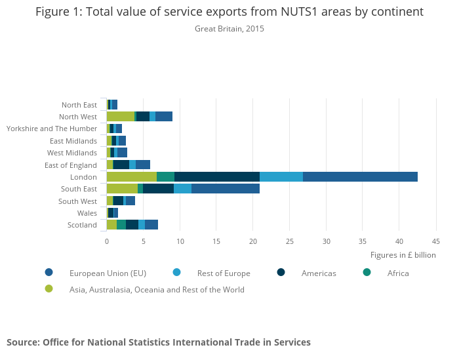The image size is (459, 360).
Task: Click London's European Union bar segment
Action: [x=360, y=176]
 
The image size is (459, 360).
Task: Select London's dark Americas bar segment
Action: [x=217, y=176]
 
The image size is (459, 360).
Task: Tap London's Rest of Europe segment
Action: [x=281, y=176]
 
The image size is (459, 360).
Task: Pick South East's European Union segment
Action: [x=226, y=189]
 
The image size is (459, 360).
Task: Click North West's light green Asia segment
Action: [x=121, y=116]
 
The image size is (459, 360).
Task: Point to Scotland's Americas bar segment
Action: [x=132, y=225]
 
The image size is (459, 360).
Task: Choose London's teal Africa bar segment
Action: [x=166, y=176]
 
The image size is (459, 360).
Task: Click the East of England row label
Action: [x=71, y=165]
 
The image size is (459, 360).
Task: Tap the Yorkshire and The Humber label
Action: [x=52, y=129]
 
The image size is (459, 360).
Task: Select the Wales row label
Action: [x=87, y=213]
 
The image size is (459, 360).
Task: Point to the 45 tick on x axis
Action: [x=435, y=241]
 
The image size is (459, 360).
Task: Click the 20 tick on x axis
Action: [x=253, y=241]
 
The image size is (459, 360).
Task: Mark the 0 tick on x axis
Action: [x=107, y=241]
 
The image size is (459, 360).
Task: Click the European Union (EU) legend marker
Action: [x=49, y=273]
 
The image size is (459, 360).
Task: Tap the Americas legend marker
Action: [x=281, y=273]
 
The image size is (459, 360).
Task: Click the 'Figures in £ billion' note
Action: [x=403, y=255]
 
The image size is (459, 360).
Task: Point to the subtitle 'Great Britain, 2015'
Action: [x=229, y=29]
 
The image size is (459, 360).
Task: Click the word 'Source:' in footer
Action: [x=23, y=342]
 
